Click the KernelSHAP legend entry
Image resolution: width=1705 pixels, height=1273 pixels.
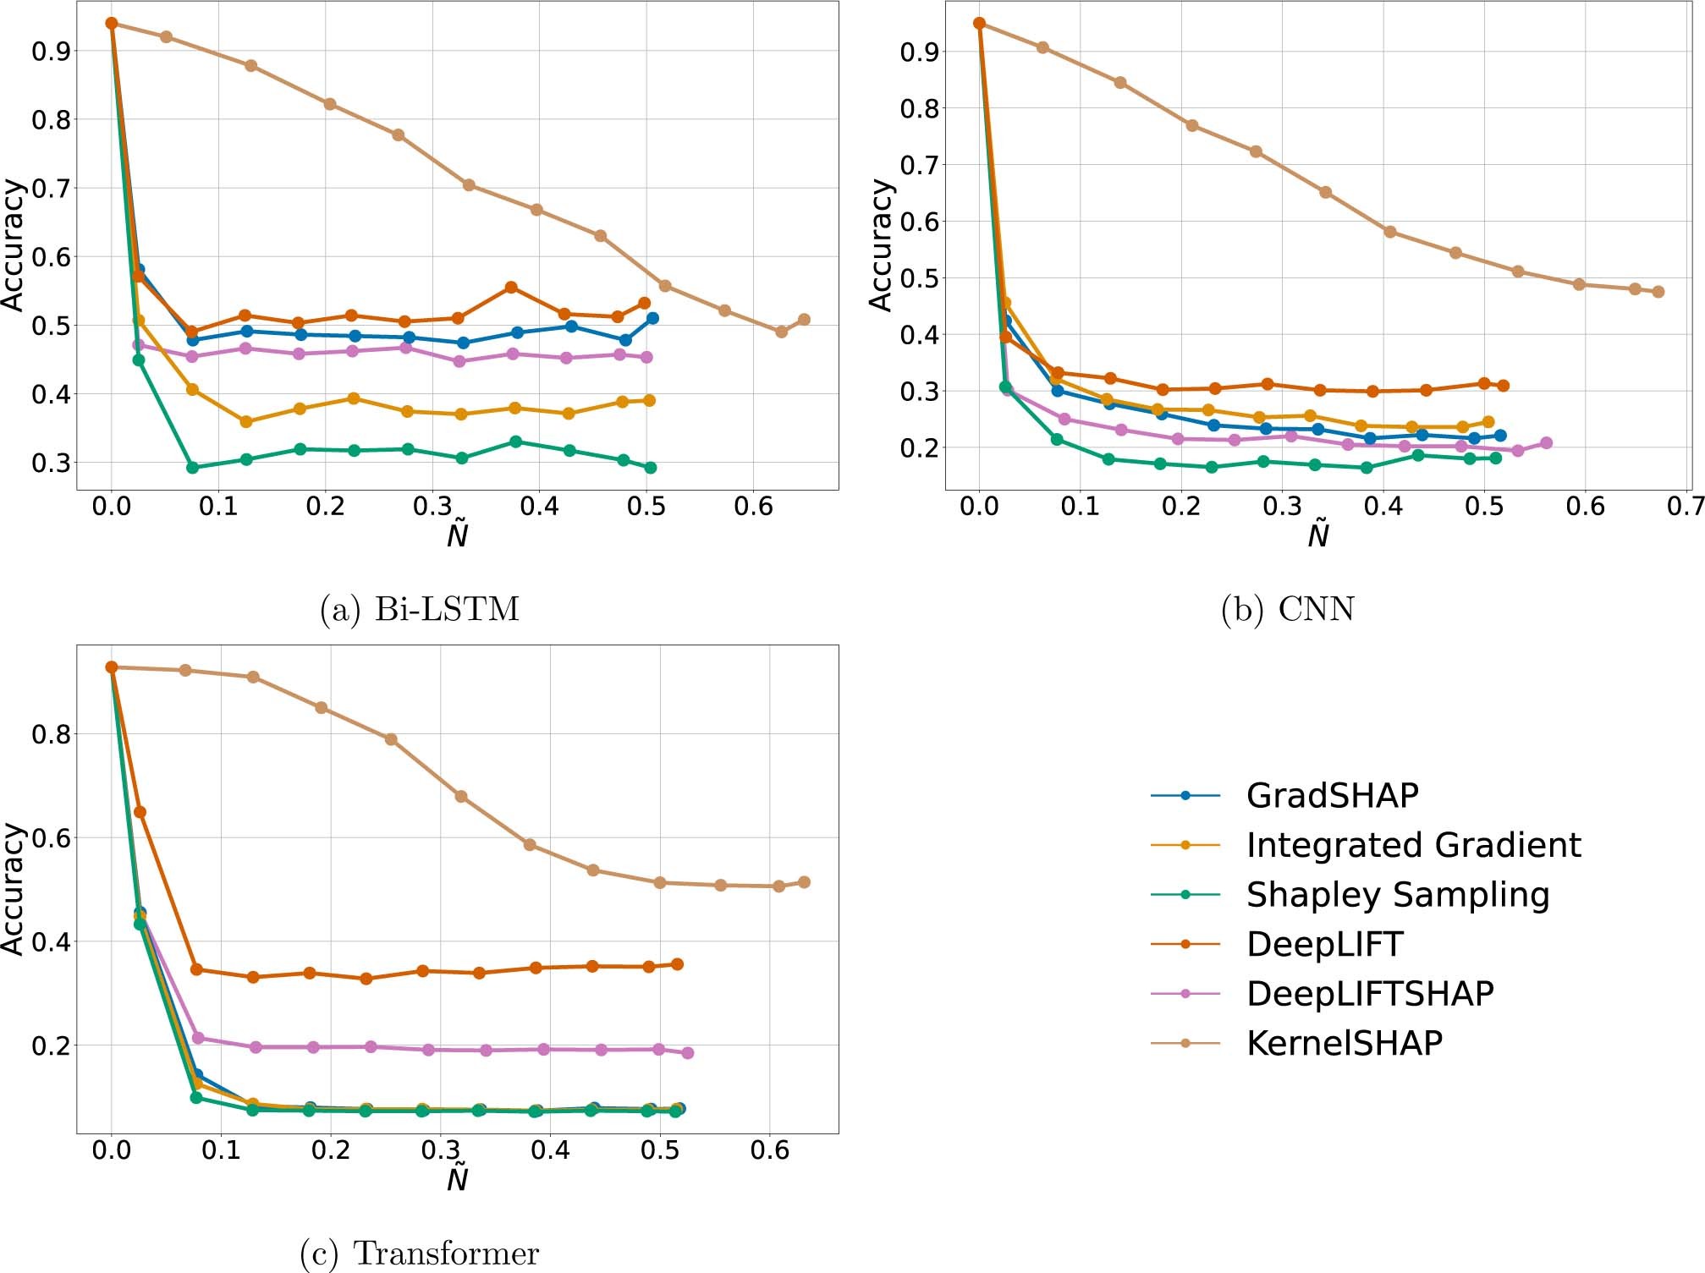1344,1043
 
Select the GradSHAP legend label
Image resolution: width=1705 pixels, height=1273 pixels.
1332,795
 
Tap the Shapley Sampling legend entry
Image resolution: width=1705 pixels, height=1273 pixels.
1397,894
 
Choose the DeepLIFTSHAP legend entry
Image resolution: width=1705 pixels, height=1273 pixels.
1369,993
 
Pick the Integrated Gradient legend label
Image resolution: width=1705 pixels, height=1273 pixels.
1413,845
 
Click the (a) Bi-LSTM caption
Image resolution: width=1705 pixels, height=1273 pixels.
419,609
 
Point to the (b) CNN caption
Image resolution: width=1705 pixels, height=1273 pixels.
1287,609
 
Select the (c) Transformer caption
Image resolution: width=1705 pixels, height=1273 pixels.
419,1253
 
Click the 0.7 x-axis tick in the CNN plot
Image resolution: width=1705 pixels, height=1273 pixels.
1685,507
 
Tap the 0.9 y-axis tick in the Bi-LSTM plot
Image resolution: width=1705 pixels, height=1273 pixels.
51,51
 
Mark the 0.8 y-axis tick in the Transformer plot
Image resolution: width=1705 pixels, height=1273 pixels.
51,734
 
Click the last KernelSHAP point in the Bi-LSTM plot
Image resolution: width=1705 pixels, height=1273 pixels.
804,320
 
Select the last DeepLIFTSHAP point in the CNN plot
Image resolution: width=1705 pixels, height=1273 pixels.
1546,443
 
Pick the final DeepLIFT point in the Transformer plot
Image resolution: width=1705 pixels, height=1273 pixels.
677,964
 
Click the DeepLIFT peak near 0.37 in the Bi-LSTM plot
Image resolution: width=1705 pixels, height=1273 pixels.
510,288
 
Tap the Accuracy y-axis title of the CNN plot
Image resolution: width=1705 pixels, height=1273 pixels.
881,245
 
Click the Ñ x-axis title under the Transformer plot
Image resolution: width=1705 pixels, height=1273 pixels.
457,1177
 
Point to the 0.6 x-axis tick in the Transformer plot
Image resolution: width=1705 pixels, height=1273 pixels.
769,1150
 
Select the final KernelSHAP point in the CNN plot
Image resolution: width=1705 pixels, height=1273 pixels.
1658,292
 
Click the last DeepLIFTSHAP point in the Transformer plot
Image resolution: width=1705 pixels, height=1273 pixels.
687,1053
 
